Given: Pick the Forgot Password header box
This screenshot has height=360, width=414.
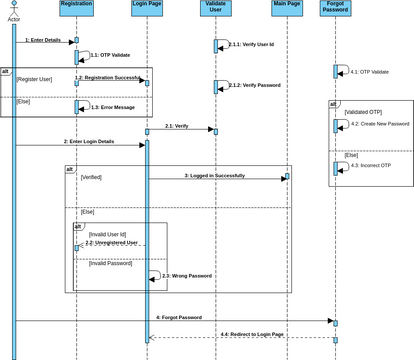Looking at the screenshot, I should pyautogui.click(x=335, y=9).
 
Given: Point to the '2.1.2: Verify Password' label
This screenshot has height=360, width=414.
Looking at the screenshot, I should pyautogui.click(x=255, y=86).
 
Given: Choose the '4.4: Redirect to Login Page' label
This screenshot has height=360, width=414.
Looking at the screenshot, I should pyautogui.click(x=252, y=333).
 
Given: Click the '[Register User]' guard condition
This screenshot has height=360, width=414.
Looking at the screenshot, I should pyautogui.click(x=35, y=78).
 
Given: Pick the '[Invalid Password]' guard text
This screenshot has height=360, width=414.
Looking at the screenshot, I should pyautogui.click(x=110, y=262).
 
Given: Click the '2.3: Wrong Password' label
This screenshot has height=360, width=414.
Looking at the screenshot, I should pyautogui.click(x=187, y=275).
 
